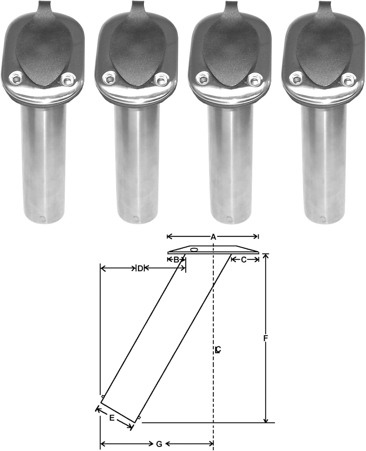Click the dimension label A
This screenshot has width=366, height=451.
coord(213,237)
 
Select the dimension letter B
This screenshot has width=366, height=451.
coord(176,259)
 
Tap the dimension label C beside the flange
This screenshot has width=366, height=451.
coord(244,259)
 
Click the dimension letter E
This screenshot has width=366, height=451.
coord(112,418)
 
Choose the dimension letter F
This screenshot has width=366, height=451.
coord(265,338)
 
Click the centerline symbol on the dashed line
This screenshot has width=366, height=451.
coord(218,350)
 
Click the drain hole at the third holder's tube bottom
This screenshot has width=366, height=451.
coord(229,219)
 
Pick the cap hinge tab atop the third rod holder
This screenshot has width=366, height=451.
coord(229,8)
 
